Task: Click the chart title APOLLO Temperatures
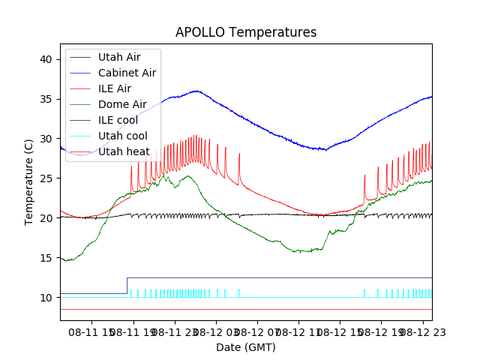(x=246, y=32)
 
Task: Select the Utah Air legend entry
(x=118, y=57)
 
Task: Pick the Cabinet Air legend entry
(x=127, y=73)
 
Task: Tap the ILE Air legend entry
(x=115, y=88)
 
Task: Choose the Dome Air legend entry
(x=120, y=104)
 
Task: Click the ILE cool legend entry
(x=118, y=120)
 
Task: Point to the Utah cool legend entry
(x=122, y=136)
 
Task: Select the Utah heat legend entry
(x=124, y=151)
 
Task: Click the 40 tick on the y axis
(x=46, y=59)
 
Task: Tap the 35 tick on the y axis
(x=46, y=99)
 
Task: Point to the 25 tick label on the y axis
(x=46, y=178)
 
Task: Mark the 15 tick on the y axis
(x=46, y=258)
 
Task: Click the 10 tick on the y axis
(x=46, y=298)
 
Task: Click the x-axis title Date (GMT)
(x=246, y=347)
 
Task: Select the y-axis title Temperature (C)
(x=28, y=182)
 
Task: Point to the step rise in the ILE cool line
(x=127, y=286)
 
